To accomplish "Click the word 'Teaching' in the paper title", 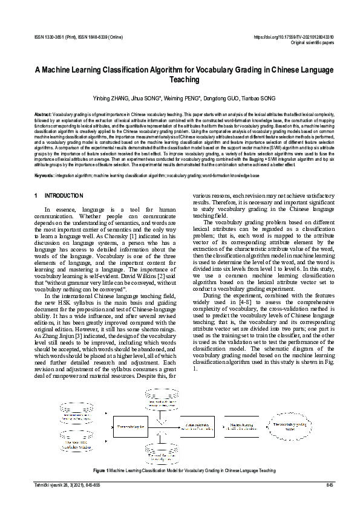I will tap(180, 79).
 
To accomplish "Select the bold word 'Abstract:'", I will tap(42, 114).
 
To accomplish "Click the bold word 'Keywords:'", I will tap(44, 175).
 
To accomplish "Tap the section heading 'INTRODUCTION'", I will tap(64, 196).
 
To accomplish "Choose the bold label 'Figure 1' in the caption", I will tap(100, 470).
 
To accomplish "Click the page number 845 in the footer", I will tap(329, 485).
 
